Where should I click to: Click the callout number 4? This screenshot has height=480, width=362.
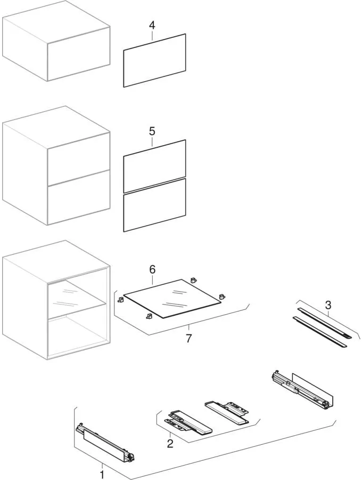click(152, 26)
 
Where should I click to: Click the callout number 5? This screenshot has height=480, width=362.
click(152, 131)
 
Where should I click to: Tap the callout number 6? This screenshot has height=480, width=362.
click(152, 269)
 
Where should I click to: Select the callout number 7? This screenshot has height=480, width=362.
click(189, 339)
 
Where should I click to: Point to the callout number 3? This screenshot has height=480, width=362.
click(328, 305)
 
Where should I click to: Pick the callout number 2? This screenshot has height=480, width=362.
click(170, 443)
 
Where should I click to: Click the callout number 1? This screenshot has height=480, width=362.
click(102, 475)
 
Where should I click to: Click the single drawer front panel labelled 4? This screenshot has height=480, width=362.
click(154, 61)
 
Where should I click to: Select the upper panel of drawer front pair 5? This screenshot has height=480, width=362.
click(154, 166)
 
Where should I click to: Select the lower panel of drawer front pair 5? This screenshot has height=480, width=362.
click(154, 205)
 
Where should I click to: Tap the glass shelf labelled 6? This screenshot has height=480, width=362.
click(172, 298)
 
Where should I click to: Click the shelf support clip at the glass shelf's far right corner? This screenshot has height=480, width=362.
click(222, 297)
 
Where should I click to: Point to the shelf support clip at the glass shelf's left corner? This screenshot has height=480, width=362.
click(121, 300)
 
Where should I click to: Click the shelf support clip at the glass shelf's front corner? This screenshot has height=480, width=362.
click(149, 316)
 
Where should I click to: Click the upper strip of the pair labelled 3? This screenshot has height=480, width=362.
click(324, 323)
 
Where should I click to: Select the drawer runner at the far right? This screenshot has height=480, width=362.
click(302, 390)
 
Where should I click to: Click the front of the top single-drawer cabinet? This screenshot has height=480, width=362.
click(79, 54)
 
